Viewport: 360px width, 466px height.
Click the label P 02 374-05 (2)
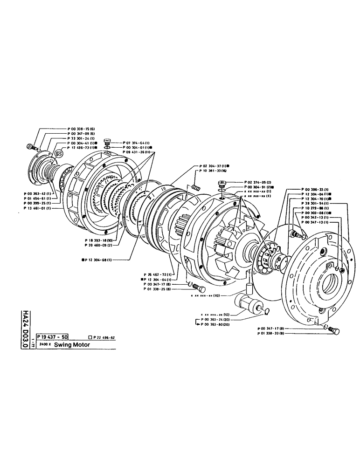[x=257, y=182]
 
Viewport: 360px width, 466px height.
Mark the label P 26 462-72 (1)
[x=159, y=274]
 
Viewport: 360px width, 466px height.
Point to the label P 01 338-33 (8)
[x=273, y=334]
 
